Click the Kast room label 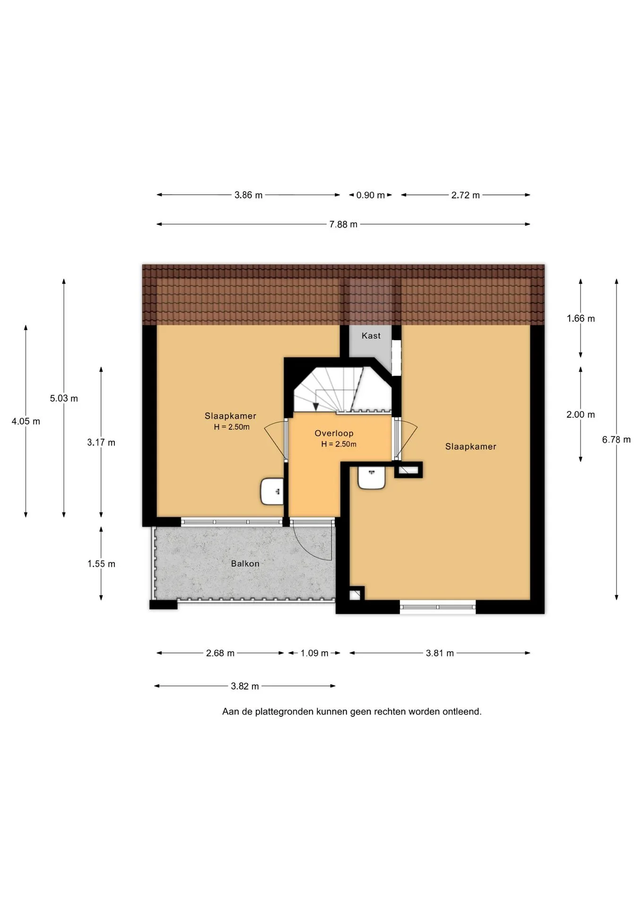(x=371, y=336)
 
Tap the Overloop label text (x=334, y=433)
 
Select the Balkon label (x=245, y=564)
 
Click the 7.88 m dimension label (x=343, y=224)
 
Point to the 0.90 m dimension (x=371, y=195)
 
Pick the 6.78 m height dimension (x=616, y=440)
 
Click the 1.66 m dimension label (x=581, y=319)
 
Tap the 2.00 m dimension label (x=581, y=415)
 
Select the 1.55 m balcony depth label (x=101, y=564)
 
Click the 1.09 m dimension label (x=314, y=653)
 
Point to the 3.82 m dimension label (x=245, y=686)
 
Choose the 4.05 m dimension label (x=26, y=421)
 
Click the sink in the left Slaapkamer (x=272, y=491)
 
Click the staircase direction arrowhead (x=316, y=407)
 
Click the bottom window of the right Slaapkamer (x=438, y=607)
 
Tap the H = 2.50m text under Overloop (x=338, y=444)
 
